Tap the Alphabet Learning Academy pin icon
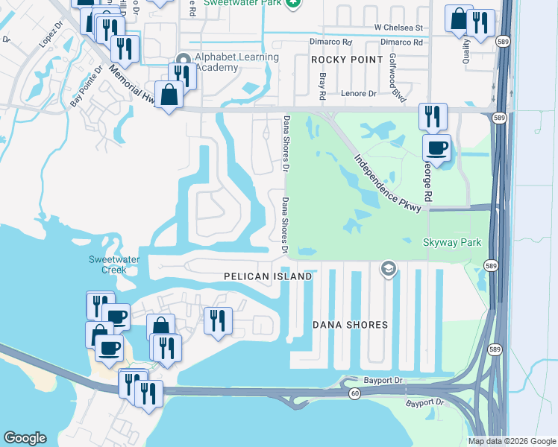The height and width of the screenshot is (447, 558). [182, 62]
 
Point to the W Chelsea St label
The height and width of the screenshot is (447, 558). [398, 28]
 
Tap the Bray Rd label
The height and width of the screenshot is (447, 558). [322, 86]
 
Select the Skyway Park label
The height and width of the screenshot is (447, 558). [452, 242]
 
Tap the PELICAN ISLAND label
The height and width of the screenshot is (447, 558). [268, 276]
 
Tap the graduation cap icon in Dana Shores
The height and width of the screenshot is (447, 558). [387, 268]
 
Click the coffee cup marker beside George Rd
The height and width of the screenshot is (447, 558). [438, 148]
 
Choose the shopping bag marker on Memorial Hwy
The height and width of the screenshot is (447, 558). [170, 95]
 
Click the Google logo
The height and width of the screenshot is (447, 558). [25, 438]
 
